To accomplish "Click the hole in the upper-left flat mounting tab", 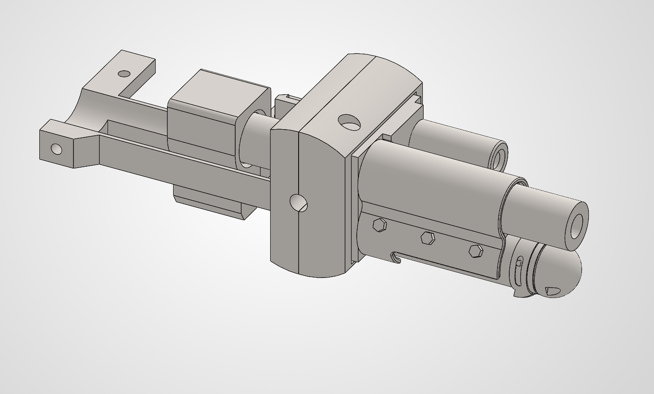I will (125, 73).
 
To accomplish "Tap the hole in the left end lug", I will (56, 149).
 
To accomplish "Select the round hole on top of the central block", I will (350, 123).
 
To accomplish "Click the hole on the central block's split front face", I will (299, 203).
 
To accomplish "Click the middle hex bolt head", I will (427, 238).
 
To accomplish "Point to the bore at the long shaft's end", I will (577, 226).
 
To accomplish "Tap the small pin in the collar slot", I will (519, 262).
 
